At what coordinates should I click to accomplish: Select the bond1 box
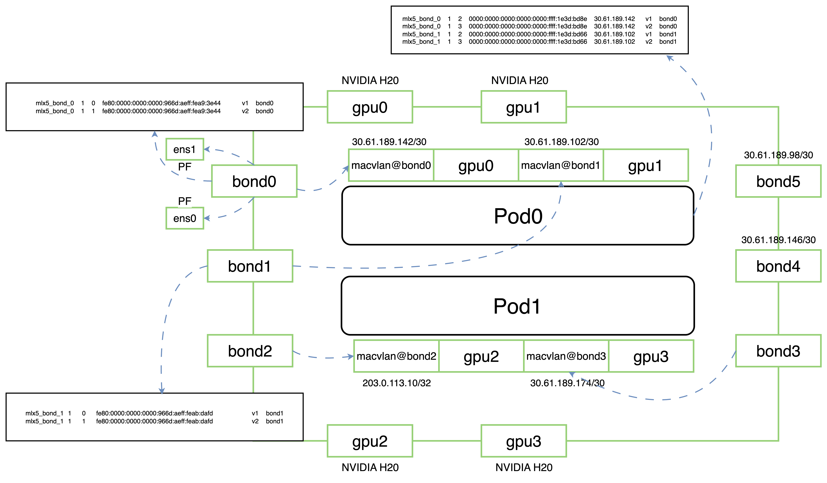(250, 266)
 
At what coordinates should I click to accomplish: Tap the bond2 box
(250, 351)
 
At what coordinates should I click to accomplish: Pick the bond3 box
(778, 351)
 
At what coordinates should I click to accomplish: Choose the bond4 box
(778, 266)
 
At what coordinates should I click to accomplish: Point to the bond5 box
(778, 181)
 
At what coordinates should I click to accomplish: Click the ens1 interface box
(184, 150)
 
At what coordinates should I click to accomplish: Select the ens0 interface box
(184, 218)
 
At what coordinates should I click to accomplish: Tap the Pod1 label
(517, 306)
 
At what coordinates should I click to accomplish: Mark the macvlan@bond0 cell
(391, 165)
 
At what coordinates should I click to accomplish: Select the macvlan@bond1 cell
(561, 165)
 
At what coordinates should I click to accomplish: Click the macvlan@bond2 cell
(396, 356)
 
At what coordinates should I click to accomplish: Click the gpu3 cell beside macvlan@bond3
(651, 356)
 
